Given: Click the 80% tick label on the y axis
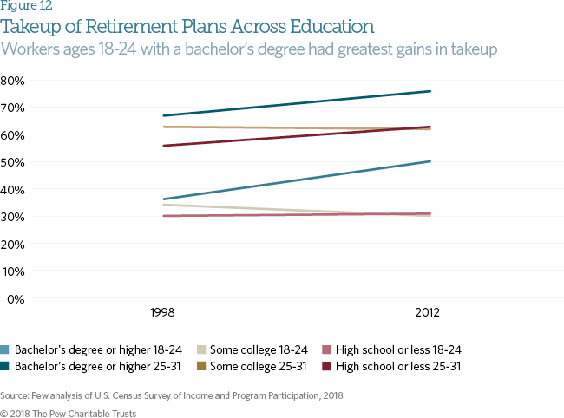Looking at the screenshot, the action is pyautogui.click(x=13, y=81).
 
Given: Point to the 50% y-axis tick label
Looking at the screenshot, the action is pyautogui.click(x=13, y=162).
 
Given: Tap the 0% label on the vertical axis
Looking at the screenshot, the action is pyautogui.click(x=16, y=299).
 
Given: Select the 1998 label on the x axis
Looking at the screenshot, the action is pyautogui.click(x=162, y=312).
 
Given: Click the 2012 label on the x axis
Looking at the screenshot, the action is pyautogui.click(x=427, y=312).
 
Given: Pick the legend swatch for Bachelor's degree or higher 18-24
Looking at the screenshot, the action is pyautogui.click(x=4, y=349).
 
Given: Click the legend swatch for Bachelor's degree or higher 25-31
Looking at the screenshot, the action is pyautogui.click(x=4, y=366).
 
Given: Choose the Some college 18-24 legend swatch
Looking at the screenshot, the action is pyautogui.click(x=201, y=349).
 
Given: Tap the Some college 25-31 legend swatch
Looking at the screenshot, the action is pyautogui.click(x=201, y=366).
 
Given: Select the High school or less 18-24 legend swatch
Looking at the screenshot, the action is pyautogui.click(x=326, y=349).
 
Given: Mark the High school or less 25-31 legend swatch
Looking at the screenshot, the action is pyautogui.click(x=326, y=366).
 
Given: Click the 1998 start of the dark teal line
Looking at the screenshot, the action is pyautogui.click(x=164, y=115).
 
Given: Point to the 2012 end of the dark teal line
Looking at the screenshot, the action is pyautogui.click(x=430, y=91).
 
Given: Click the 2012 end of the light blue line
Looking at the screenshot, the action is pyautogui.click(x=430, y=161).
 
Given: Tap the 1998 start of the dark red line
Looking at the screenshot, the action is pyautogui.click(x=164, y=146).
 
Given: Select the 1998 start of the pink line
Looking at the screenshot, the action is pyautogui.click(x=164, y=216).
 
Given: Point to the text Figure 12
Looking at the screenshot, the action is pyautogui.click(x=26, y=6).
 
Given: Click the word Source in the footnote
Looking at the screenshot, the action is pyautogui.click(x=14, y=395).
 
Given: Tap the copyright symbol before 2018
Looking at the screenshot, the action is pyautogui.click(x=4, y=414).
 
